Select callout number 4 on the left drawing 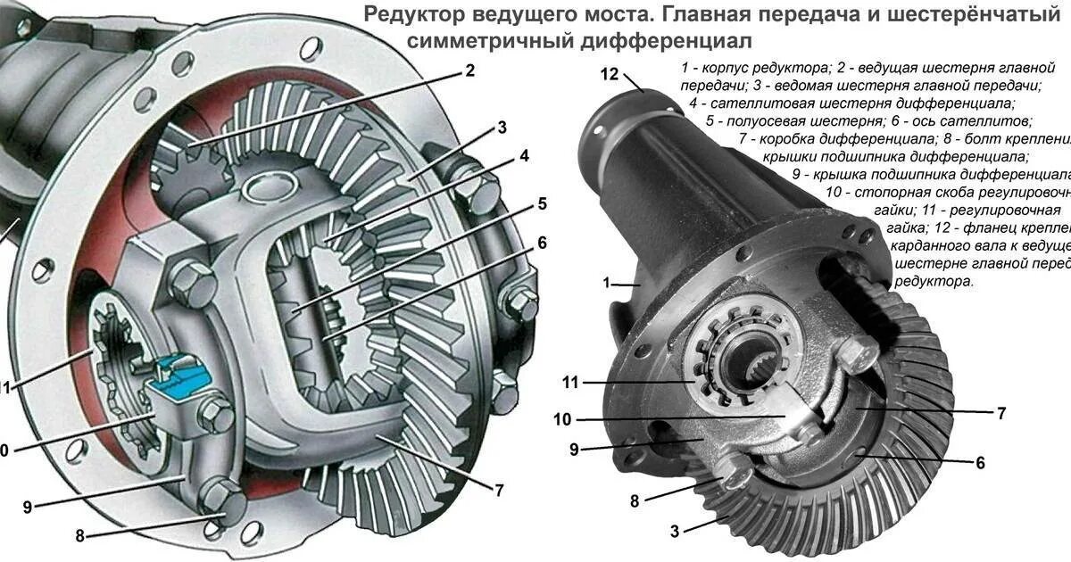tap(524, 156)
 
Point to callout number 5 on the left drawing tap(541, 203)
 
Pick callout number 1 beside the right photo tap(607, 283)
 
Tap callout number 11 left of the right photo tap(570, 383)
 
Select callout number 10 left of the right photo tap(562, 418)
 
